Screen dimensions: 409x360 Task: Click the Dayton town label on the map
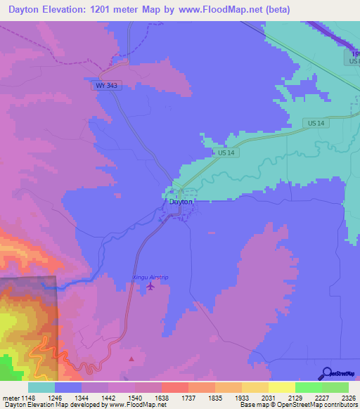(x=181, y=202)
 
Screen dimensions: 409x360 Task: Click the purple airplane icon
(x=149, y=286)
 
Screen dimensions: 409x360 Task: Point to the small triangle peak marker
(x=131, y=359)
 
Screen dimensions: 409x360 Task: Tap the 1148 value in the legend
(x=25, y=397)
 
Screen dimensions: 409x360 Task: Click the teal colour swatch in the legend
(x=41, y=387)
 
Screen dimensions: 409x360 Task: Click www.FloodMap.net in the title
(x=214, y=10)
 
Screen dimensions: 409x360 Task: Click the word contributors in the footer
(x=340, y=405)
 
